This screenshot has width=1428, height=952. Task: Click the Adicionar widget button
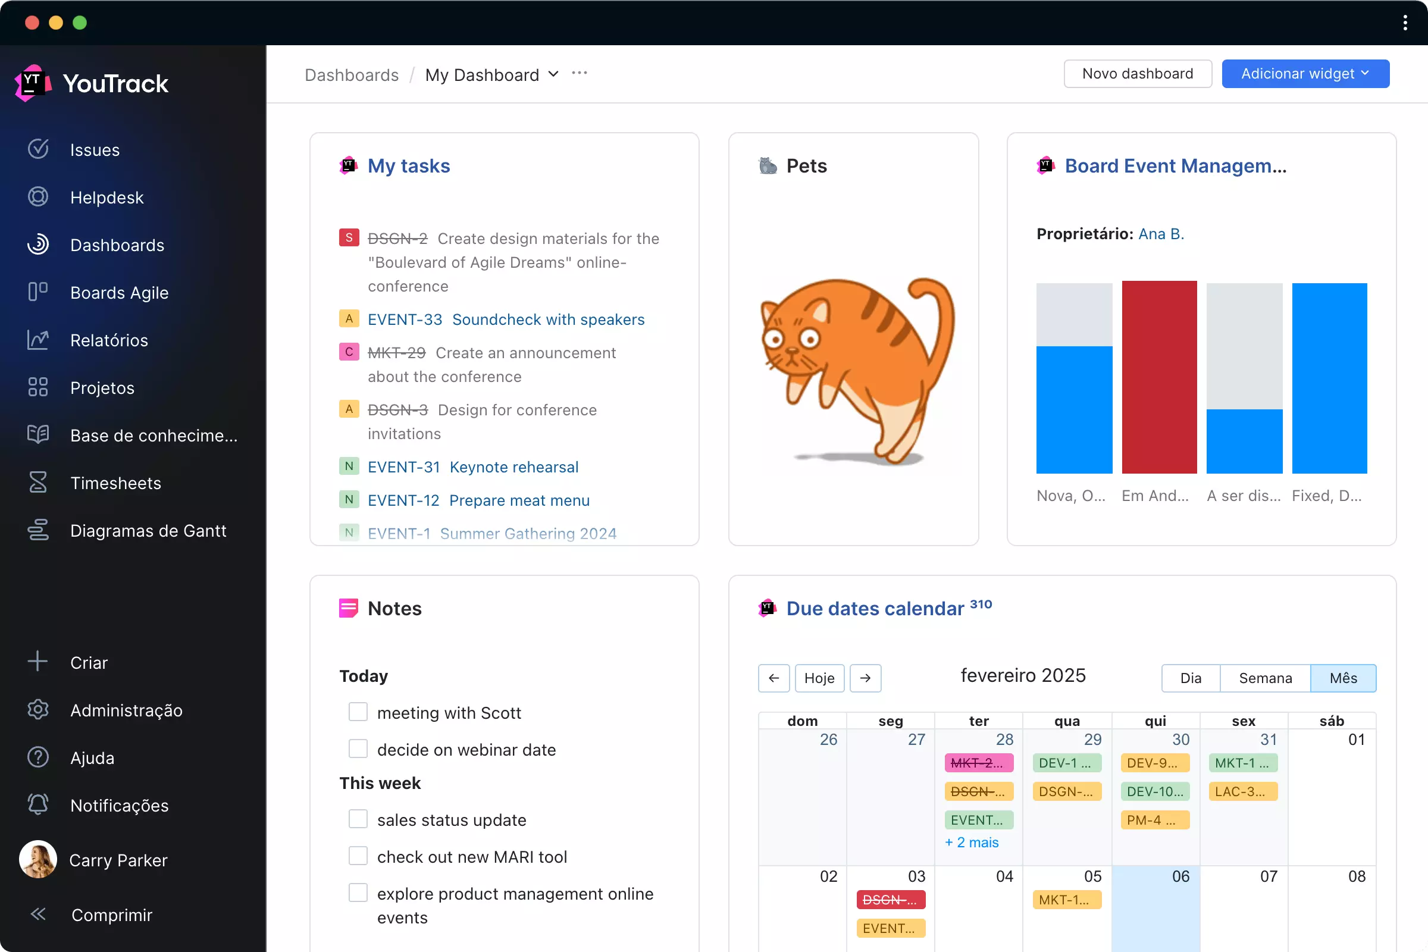[1305, 73]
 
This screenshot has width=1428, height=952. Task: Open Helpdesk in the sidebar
[107, 198]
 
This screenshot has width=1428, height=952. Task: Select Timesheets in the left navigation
[115, 483]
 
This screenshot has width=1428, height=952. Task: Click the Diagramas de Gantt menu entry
[148, 531]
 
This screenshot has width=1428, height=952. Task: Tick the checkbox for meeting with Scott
[358, 712]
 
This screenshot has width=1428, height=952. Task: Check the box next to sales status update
[358, 819]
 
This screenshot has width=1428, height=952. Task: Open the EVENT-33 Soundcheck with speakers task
[506, 320]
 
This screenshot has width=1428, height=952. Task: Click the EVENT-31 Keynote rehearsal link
[473, 467]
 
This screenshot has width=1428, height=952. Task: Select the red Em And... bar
[1159, 377]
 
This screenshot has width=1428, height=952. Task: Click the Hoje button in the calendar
[819, 678]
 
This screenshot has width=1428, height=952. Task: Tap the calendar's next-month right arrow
[865, 678]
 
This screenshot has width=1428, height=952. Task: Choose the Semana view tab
[1265, 678]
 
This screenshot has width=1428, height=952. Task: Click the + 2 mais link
[972, 842]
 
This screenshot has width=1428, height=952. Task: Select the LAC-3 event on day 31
[1243, 791]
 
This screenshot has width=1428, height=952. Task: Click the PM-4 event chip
[1154, 820]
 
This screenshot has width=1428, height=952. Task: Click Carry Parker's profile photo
[37, 859]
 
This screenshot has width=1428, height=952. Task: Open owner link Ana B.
[1161, 234]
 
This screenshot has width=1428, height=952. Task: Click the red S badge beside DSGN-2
[349, 237]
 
